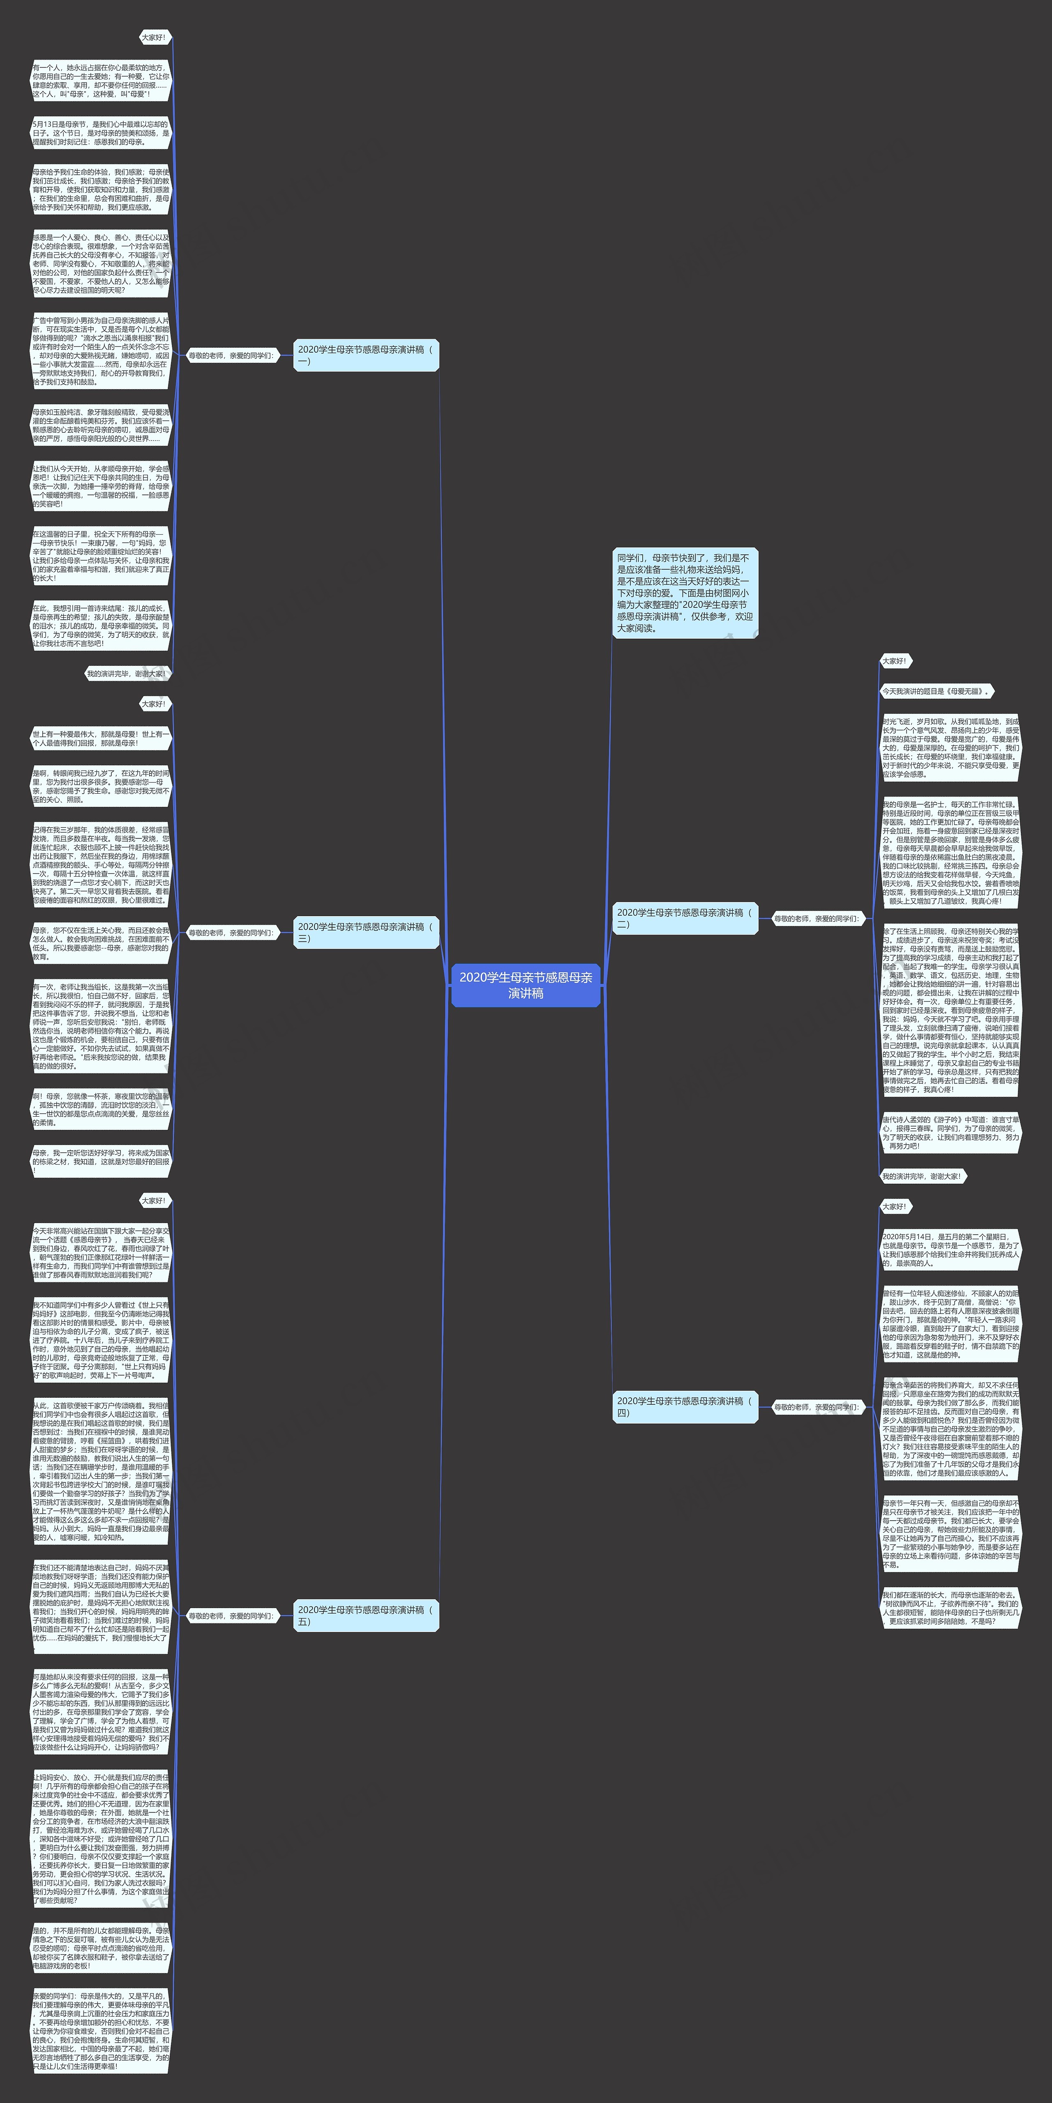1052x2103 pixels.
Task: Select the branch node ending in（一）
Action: [366, 355]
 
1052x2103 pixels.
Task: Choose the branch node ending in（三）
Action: [366, 932]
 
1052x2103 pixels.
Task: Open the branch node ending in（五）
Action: [366, 1616]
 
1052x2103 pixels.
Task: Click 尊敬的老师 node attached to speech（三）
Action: [231, 932]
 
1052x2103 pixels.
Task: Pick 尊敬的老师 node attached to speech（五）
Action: [231, 1616]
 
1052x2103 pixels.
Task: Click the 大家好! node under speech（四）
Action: [895, 1207]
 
